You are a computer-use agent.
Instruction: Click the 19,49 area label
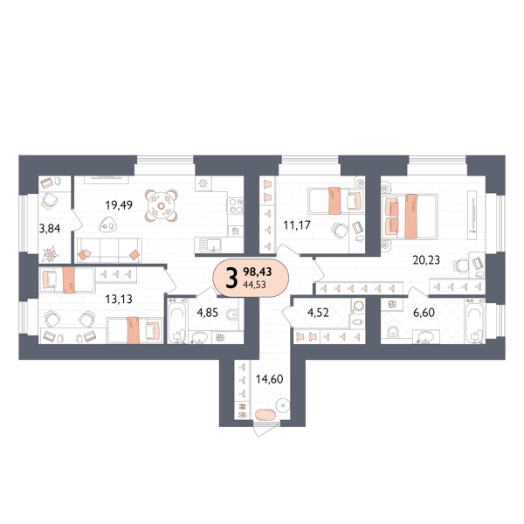(x=119, y=205)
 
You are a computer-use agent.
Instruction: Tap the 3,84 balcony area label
(x=50, y=229)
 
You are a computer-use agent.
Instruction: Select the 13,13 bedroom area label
(x=119, y=299)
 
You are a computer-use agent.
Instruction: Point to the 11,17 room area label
(x=297, y=225)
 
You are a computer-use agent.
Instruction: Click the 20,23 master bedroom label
(x=426, y=259)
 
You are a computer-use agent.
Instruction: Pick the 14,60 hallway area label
(x=269, y=379)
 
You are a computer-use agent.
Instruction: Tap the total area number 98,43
(x=258, y=272)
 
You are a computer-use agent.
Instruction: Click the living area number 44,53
(x=255, y=285)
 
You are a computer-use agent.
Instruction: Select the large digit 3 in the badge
(x=231, y=278)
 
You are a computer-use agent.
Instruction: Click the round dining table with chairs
(x=161, y=206)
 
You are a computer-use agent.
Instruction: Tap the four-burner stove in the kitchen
(x=235, y=206)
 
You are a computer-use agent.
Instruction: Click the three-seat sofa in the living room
(x=109, y=250)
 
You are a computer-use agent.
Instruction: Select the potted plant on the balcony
(x=50, y=254)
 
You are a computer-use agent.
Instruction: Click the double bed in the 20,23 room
(x=410, y=217)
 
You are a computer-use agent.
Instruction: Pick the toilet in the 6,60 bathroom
(x=394, y=332)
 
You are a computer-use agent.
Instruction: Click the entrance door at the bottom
(x=266, y=429)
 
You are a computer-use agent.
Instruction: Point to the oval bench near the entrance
(x=265, y=415)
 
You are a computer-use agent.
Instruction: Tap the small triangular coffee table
(x=108, y=224)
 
